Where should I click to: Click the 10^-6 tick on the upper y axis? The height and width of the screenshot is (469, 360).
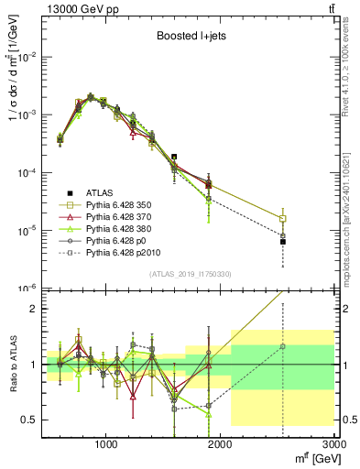(27, 288)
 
